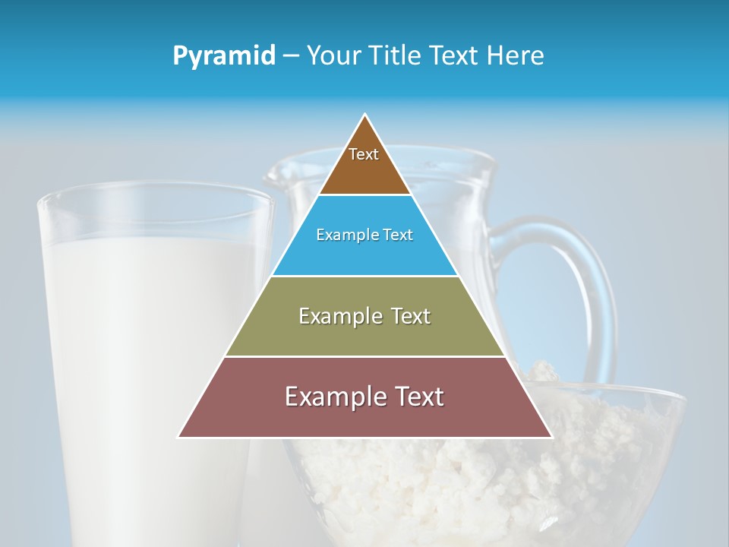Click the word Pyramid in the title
coord(223,56)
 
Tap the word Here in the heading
coord(516,55)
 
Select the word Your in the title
coord(333,55)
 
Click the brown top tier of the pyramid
coord(364,171)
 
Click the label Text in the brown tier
coord(364,154)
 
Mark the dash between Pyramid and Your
coord(291,56)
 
